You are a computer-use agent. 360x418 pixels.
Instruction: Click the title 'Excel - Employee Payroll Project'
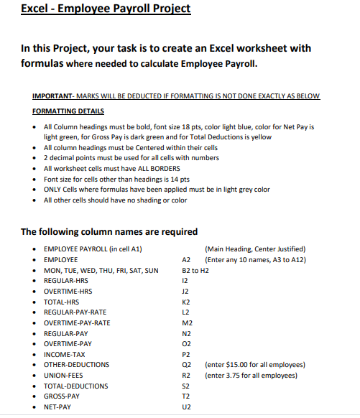(106, 9)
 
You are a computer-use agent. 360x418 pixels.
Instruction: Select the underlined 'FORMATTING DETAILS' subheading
(68, 111)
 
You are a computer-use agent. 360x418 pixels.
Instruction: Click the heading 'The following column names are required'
(109, 232)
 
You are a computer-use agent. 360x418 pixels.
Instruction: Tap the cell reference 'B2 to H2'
(196, 271)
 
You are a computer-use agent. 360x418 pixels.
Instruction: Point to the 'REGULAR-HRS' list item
(66, 282)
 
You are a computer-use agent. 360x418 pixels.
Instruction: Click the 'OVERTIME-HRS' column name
(68, 292)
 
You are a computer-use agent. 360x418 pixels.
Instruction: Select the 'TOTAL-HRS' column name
(62, 302)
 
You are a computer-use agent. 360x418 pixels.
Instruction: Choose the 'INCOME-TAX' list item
(64, 354)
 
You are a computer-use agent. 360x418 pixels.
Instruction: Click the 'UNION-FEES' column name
(64, 375)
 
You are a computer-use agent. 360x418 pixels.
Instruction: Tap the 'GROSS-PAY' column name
(62, 396)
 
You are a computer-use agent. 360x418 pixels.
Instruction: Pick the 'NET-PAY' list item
(57, 407)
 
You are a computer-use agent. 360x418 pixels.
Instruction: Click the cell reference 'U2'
(187, 407)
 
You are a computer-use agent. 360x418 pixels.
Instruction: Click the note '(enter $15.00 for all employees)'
(255, 365)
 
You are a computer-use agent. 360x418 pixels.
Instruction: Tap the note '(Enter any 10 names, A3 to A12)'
(255, 259)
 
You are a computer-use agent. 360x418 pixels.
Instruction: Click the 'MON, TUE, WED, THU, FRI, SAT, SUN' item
(101, 271)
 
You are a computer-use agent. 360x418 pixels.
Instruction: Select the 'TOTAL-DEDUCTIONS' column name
(76, 386)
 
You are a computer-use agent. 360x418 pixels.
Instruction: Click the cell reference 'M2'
(188, 323)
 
